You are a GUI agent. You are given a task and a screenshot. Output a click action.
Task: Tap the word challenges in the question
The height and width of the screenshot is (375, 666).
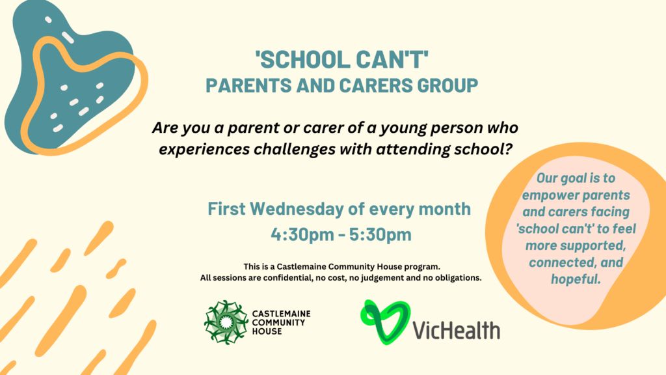point(296,150)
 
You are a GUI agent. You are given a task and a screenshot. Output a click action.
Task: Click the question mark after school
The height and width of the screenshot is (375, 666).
point(508,149)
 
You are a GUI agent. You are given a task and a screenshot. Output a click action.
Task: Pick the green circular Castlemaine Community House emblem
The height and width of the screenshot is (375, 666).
point(226,322)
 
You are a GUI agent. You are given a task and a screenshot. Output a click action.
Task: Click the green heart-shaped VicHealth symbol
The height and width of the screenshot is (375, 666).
point(386,322)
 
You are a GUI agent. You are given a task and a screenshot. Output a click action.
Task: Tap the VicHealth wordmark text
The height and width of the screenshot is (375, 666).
point(456,330)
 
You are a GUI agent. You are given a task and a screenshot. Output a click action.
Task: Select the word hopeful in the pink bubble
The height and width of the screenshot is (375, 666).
point(576,279)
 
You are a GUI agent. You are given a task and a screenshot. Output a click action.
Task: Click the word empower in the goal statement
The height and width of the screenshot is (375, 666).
point(550,195)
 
